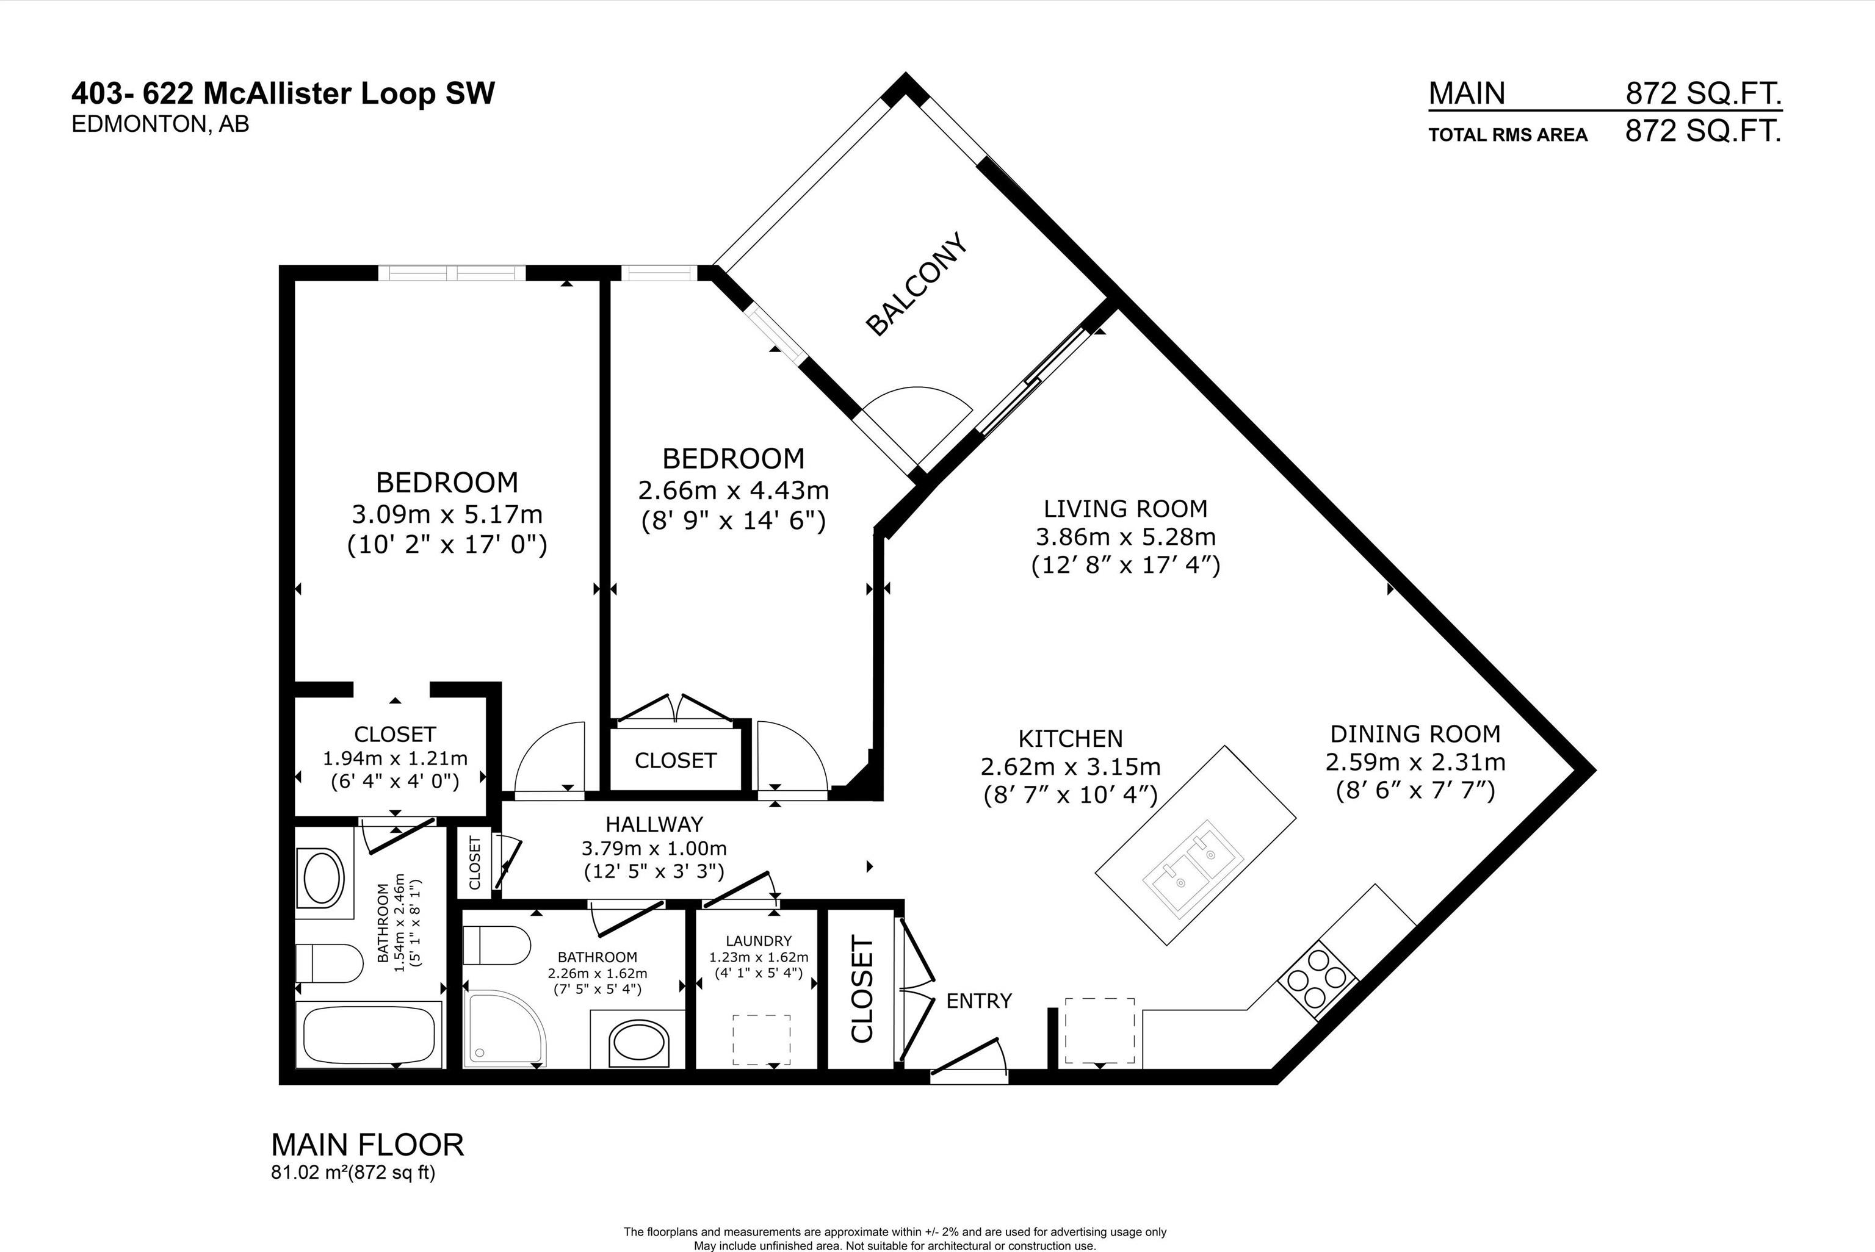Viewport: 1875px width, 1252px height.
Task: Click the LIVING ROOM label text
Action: tap(1125, 509)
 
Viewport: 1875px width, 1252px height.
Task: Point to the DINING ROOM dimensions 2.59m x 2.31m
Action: tap(1415, 761)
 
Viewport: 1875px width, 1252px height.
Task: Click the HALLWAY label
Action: tap(654, 823)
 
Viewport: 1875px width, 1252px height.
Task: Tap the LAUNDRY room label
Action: tap(758, 941)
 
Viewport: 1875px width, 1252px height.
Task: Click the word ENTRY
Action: tap(978, 1001)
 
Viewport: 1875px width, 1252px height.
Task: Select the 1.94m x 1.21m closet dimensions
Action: tap(394, 758)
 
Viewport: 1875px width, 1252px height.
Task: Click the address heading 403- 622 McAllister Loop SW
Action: tap(283, 93)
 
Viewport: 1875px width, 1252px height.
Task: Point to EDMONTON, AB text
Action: tap(160, 124)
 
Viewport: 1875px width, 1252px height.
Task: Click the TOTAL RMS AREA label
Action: tap(1507, 135)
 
